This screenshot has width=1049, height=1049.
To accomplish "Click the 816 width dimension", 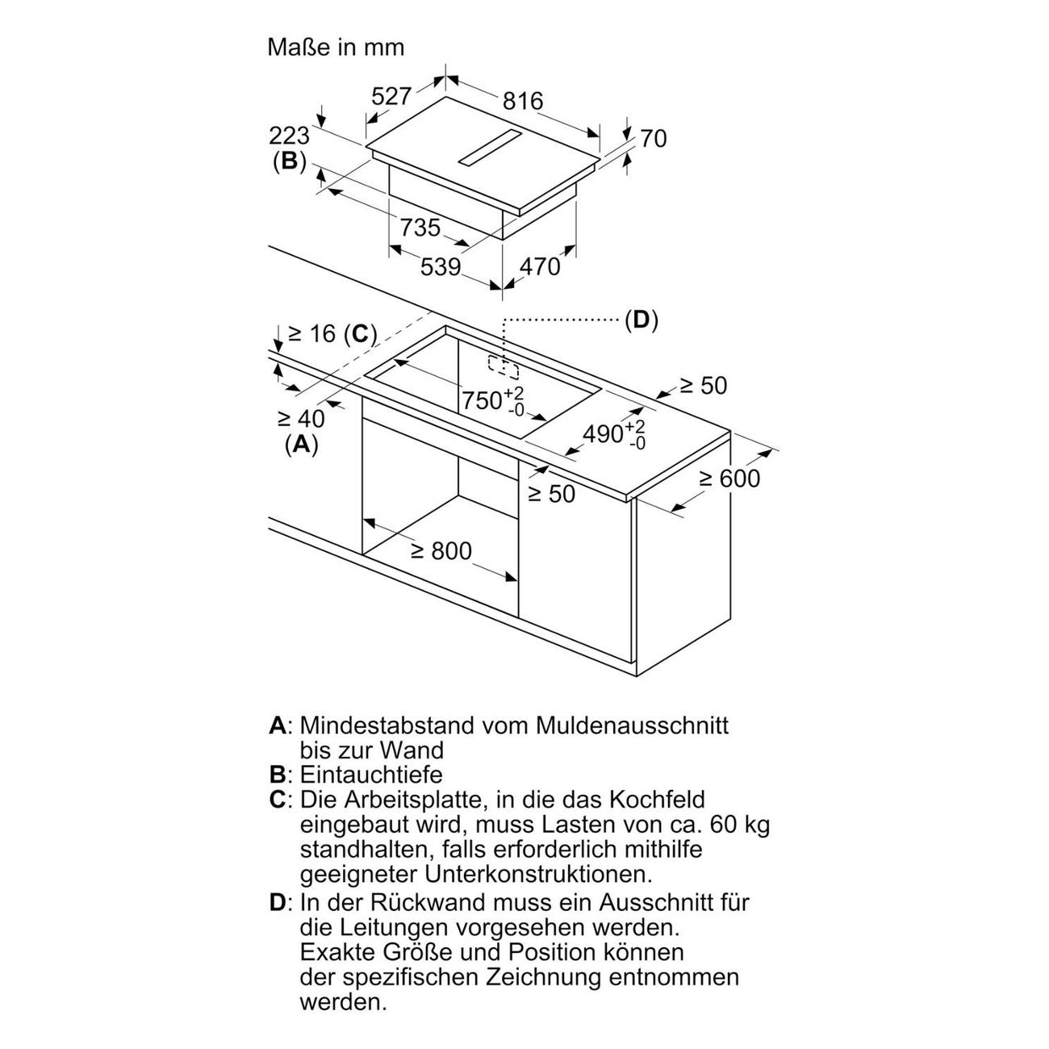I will click(x=523, y=101).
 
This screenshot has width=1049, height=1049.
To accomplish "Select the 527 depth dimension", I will click(x=391, y=96).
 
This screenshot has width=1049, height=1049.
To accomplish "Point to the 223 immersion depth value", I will click(x=289, y=135).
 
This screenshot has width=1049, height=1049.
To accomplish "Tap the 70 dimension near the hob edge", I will click(x=653, y=139).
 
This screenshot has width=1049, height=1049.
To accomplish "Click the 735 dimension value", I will click(x=420, y=228).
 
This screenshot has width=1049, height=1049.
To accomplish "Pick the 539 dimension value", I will click(x=440, y=266).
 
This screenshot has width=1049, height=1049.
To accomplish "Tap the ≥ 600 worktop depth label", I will click(x=729, y=479).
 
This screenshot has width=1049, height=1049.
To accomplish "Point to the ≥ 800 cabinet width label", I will click(x=441, y=551).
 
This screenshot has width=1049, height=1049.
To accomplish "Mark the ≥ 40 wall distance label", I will click(x=301, y=418).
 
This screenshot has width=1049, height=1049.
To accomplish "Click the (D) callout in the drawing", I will click(x=641, y=320).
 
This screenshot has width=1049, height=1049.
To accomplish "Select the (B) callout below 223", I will click(x=289, y=161).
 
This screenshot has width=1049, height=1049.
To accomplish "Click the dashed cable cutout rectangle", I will click(x=504, y=366).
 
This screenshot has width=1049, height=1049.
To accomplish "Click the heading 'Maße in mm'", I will click(x=336, y=47).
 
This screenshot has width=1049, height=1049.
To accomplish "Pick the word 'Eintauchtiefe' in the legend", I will click(x=371, y=775).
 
